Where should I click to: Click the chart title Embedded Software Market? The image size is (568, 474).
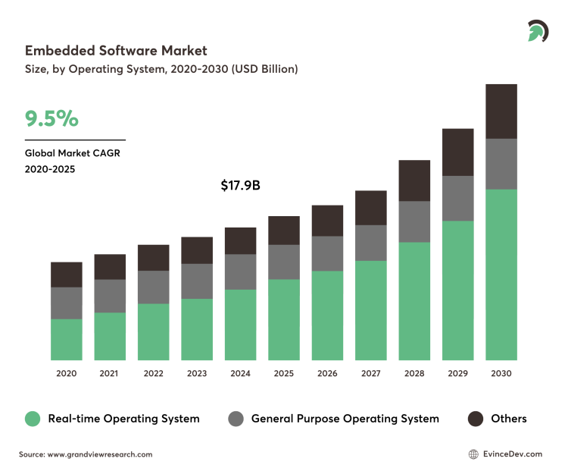click(116, 51)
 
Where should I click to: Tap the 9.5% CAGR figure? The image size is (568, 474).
click(51, 119)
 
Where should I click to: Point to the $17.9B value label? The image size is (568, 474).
click(240, 185)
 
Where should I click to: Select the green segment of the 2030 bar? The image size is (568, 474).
click(501, 275)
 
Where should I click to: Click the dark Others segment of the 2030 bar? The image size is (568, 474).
click(501, 111)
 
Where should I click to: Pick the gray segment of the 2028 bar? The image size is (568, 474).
click(414, 221)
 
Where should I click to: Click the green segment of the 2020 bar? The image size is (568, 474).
click(67, 339)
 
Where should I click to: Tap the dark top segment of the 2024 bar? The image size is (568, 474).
click(240, 240)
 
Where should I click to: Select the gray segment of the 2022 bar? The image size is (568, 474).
click(153, 287)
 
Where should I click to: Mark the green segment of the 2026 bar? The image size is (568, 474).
click(327, 315)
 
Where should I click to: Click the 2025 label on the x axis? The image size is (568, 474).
click(283, 373)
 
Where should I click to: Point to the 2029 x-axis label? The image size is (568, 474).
click(457, 373)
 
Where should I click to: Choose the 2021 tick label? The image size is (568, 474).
click(110, 373)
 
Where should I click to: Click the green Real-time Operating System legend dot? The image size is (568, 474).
click(32, 419)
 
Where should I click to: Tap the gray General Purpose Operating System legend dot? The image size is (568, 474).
click(236, 419)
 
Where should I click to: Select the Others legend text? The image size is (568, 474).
click(508, 419)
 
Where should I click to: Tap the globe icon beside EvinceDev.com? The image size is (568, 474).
click(474, 454)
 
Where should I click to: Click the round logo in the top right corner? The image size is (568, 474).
click(538, 30)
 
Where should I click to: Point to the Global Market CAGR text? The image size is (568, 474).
click(73, 152)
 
